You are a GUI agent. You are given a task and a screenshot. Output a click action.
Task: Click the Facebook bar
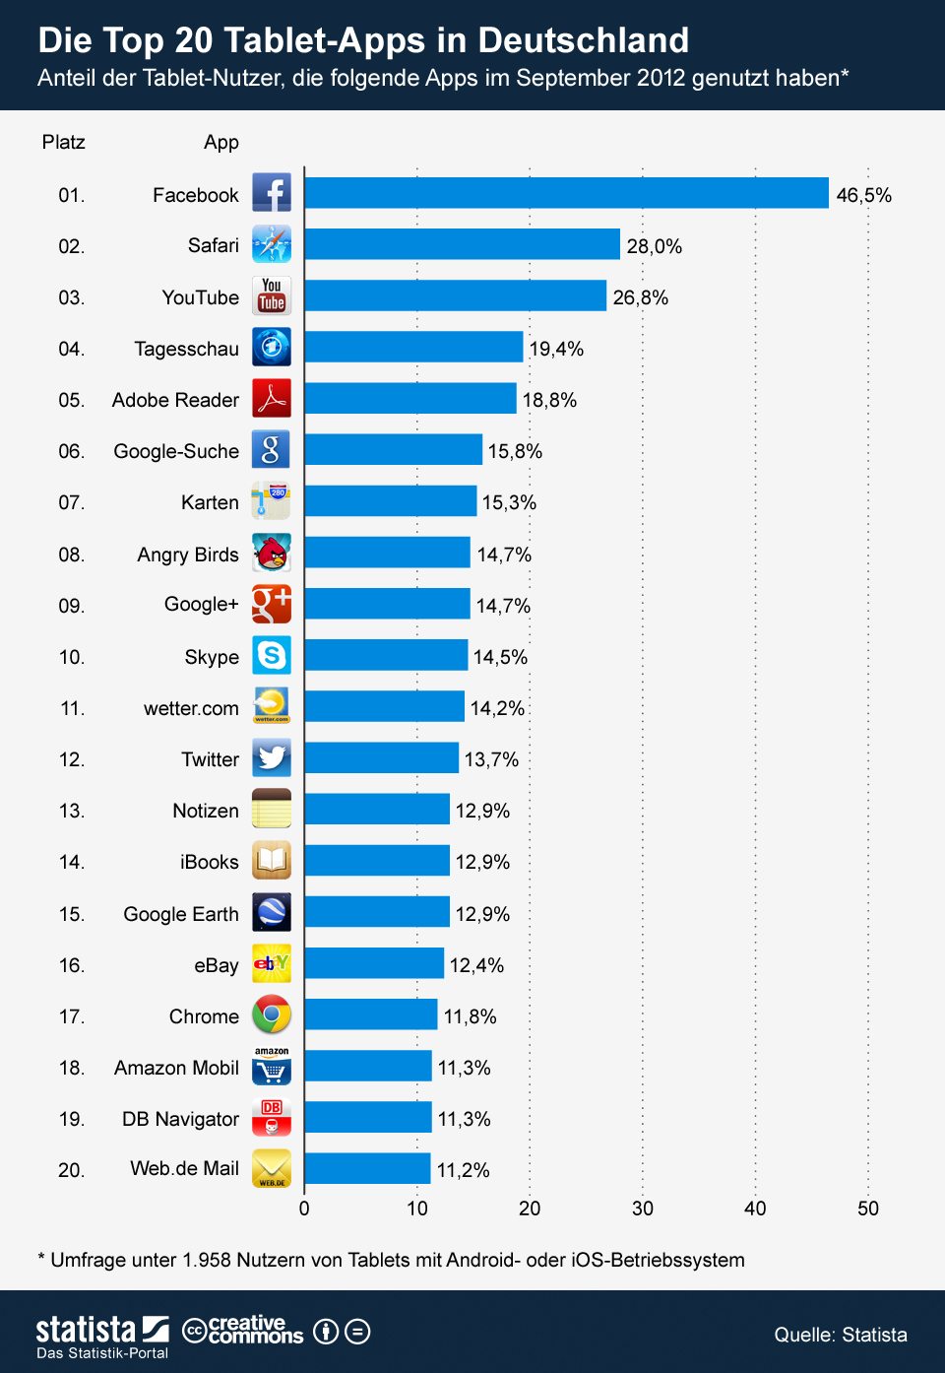coord(566,193)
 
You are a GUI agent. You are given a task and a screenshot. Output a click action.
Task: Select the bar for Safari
coord(462,244)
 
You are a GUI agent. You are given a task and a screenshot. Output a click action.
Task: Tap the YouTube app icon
coord(272,295)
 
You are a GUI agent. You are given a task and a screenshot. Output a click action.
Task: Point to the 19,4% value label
coord(556,349)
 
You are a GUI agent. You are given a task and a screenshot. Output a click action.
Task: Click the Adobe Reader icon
coord(272,398)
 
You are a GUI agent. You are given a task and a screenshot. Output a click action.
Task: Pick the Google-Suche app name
coord(176,451)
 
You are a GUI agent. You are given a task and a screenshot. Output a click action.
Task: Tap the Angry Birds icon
coord(272,553)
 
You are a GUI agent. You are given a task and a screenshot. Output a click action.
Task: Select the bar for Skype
coord(386,655)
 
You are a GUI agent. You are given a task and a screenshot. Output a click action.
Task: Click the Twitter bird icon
coord(272,757)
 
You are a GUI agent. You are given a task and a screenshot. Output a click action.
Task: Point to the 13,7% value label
coord(491,759)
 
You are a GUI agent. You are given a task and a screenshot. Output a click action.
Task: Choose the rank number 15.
coord(72,914)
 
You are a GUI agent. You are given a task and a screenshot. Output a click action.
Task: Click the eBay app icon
coord(272,963)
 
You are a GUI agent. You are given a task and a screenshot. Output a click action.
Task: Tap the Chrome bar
coord(370,1014)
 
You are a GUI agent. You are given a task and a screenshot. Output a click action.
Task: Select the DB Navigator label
coord(180,1119)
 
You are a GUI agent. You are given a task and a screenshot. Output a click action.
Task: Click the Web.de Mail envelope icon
coord(272,1168)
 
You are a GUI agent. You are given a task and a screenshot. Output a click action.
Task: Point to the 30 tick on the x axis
coord(643,1209)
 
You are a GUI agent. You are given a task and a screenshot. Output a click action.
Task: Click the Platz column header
coord(64,142)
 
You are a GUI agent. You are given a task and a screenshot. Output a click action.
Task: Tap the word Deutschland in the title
coord(583,40)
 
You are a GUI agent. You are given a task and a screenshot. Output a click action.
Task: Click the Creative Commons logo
coord(243,1331)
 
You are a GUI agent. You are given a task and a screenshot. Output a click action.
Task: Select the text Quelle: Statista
coord(841,1335)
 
